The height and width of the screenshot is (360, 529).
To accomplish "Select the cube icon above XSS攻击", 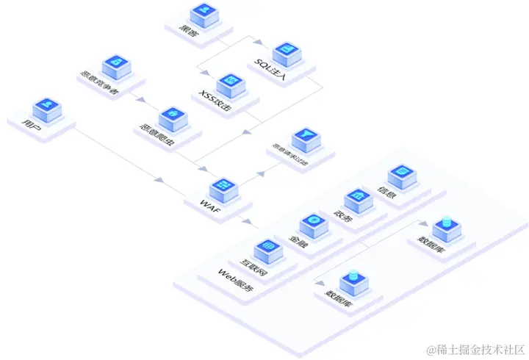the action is pos(230,82).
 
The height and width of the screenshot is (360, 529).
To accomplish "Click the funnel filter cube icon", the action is pos(304,137).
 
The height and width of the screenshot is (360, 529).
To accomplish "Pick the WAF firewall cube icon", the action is pos(222,187).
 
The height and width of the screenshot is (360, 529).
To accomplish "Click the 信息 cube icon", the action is pos(401,174).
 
